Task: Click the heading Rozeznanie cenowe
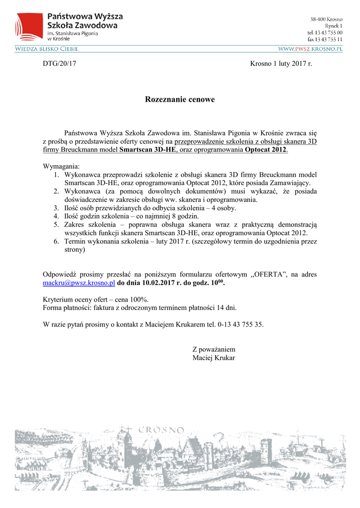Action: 180,100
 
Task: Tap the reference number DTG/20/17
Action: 59,63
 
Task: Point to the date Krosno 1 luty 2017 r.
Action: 281,63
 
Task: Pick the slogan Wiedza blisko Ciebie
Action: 46,49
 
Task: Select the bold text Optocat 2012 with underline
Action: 266,150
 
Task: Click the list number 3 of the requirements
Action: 57,208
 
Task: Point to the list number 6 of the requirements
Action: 57,242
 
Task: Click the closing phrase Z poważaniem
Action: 214,349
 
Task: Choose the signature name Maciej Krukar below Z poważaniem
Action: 214,358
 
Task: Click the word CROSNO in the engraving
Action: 161,430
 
